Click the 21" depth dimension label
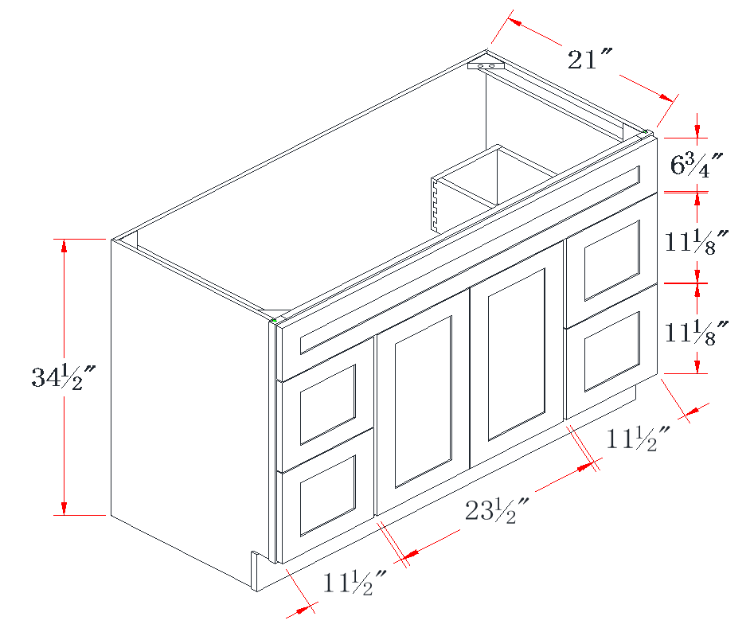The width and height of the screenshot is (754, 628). coord(589,59)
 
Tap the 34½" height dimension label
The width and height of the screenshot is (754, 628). coord(64,377)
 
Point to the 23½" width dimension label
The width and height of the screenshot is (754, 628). coord(497,510)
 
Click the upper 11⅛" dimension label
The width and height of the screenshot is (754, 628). coord(697,241)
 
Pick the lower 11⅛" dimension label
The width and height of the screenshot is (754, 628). coord(697,332)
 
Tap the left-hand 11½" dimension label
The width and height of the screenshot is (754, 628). coord(355,583)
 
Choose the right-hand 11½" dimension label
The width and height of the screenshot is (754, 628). coord(638,438)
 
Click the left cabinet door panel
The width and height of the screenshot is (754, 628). coord(423,402)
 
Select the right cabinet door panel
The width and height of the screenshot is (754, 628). coord(517,354)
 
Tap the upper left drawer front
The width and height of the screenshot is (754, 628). coord(327,404)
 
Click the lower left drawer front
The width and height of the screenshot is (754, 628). coord(327,496)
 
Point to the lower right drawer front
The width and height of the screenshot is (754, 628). coord(611,351)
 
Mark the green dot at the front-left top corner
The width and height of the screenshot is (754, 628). coord(274,320)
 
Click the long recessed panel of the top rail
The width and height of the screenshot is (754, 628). coord(470,260)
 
